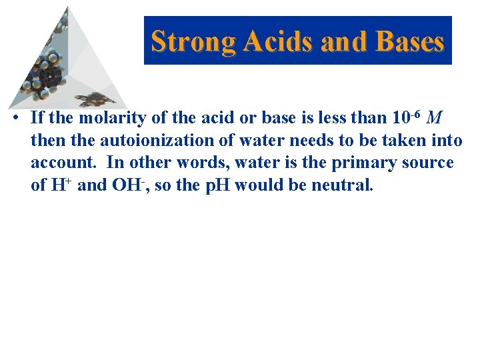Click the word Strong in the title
pos(194,41)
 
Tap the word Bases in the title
pos(409,41)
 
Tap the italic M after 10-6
pos(434,118)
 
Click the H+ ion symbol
pos(61,185)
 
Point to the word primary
pos(361,163)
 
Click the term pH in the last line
pos(217,185)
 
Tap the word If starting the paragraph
pos(37,118)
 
